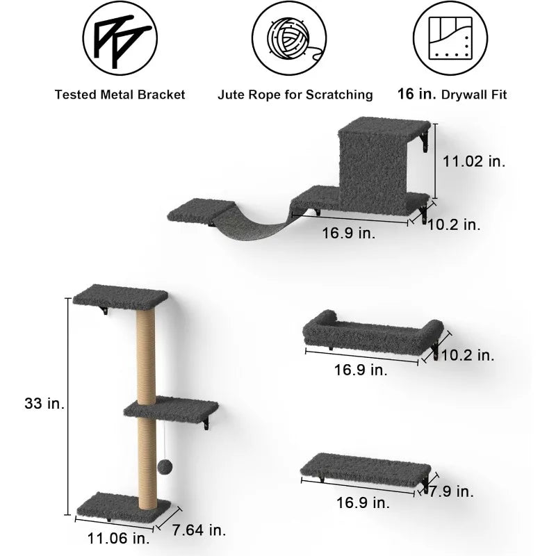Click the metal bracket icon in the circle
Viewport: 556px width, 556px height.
pyautogui.click(x=120, y=38)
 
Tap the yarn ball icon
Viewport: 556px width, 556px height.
pyautogui.click(x=289, y=38)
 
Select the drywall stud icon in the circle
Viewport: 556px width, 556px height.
pyautogui.click(x=450, y=38)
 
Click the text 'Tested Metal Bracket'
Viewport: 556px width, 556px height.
pyautogui.click(x=120, y=95)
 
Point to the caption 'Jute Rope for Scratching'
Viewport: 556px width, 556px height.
pyautogui.click(x=295, y=95)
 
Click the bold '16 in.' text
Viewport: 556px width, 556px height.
pyautogui.click(x=416, y=94)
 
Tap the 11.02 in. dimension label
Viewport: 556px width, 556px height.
pyautogui.click(x=474, y=161)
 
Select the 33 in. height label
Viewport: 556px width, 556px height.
pyautogui.click(x=44, y=403)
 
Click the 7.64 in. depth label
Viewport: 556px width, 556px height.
pyautogui.click(x=199, y=530)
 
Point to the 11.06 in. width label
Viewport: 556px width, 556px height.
pyautogui.click(x=118, y=538)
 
